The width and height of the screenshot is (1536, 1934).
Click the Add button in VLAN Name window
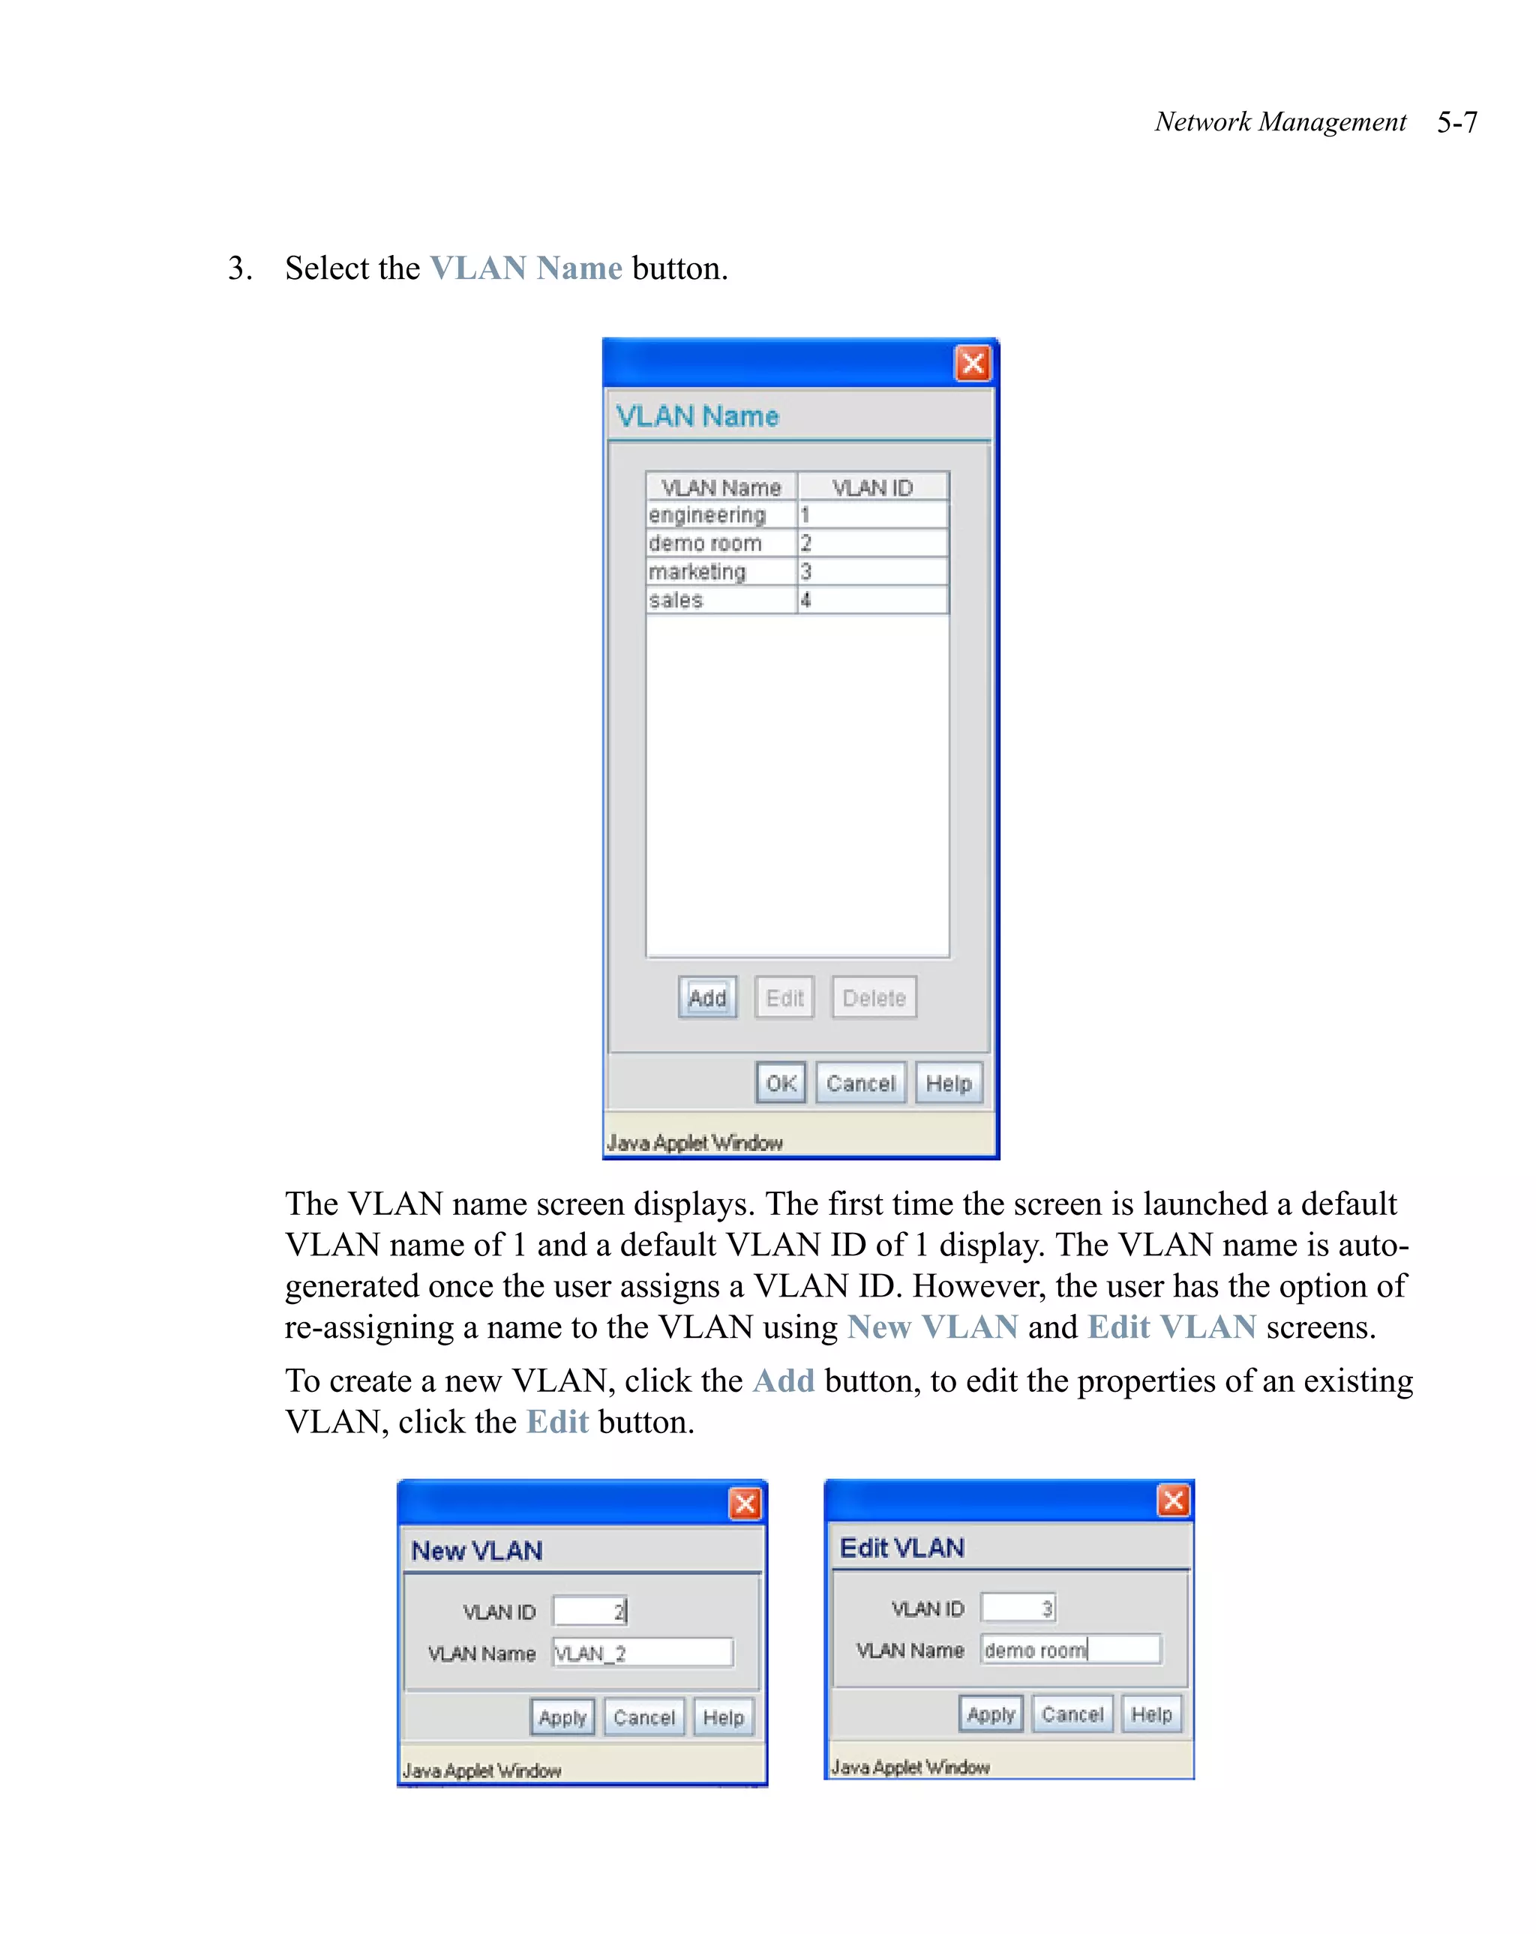707,997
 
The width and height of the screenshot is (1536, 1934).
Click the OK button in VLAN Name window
781,1083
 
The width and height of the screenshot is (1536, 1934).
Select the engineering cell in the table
721,515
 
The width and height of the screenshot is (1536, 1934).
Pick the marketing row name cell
721,571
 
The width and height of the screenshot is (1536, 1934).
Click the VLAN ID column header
872,487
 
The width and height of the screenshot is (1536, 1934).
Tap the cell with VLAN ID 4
872,600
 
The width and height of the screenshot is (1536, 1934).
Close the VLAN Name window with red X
973,363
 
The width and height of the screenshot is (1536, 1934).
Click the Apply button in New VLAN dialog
562,1717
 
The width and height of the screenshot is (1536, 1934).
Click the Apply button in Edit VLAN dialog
991,1714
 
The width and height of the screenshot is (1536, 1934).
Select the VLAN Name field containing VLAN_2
643,1652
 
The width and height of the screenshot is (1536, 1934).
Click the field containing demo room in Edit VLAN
1070,1650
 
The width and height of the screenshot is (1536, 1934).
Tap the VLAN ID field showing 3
1018,1608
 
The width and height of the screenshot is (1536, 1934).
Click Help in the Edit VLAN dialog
1151,1714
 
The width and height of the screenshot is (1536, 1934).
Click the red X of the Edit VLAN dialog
1174,1500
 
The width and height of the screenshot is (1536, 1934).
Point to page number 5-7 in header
1456,122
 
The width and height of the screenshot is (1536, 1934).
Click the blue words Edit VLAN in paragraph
1171,1327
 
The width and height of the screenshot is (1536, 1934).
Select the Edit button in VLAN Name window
784,997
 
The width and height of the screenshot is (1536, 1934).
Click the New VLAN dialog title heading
476,1550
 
